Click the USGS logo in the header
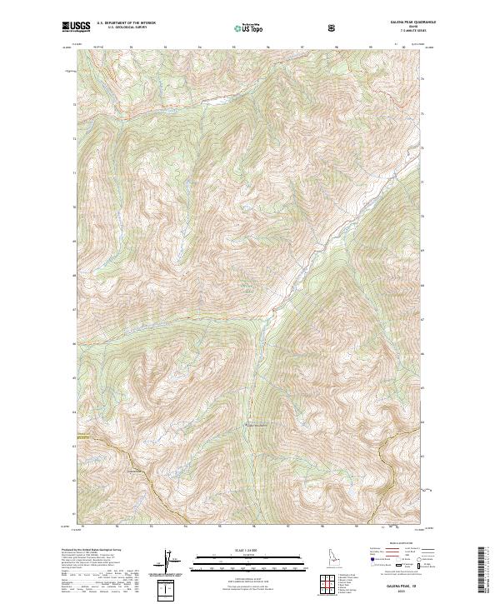point(76,27)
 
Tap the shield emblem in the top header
point(333,28)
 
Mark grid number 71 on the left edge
point(76,173)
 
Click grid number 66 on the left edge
point(76,343)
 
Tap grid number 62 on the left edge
point(76,479)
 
